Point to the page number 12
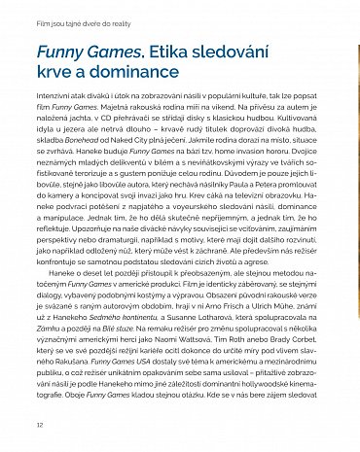coord(39,426)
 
